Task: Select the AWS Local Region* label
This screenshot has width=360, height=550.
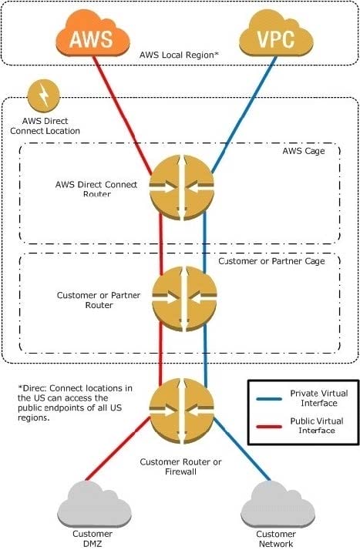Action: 179,55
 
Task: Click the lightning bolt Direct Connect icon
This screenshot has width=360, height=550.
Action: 43,95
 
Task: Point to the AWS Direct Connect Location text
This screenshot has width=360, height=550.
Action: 45,126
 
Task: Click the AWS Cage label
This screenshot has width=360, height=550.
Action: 304,151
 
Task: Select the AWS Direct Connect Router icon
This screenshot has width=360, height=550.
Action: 181,187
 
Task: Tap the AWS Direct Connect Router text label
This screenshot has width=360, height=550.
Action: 96,189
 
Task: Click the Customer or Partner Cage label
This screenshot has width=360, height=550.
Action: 271,261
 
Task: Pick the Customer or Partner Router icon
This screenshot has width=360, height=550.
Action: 184,299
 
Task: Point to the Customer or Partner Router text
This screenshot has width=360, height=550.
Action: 99,300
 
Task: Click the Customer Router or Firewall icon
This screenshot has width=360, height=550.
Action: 181,411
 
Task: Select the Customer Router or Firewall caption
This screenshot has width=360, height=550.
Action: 180,467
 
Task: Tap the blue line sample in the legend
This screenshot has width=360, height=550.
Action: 269,399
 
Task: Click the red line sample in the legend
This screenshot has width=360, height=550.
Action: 269,427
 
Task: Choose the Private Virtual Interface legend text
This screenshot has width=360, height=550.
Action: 319,398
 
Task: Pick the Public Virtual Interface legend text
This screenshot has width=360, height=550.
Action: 317,425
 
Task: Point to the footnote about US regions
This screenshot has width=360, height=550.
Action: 75,403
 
